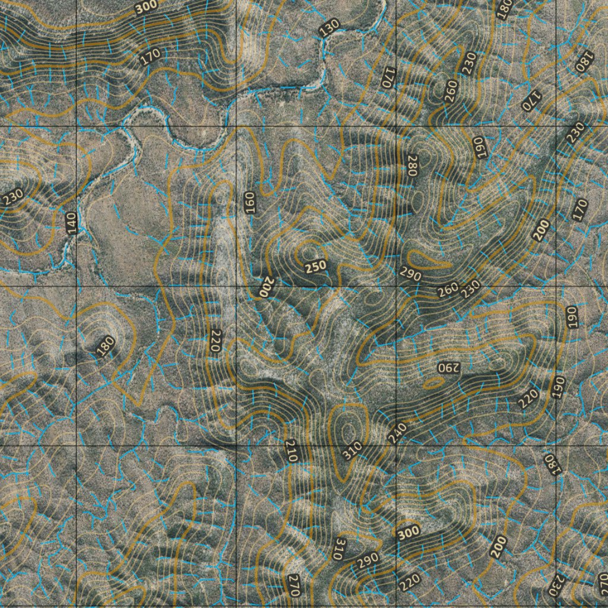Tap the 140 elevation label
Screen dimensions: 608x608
[72, 223]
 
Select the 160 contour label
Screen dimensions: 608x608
[249, 202]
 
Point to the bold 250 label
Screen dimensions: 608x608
[315, 267]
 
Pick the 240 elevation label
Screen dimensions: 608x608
[398, 432]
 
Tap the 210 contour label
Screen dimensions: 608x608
[291, 451]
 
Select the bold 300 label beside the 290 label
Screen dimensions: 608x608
[408, 533]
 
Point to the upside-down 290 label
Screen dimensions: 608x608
[448, 367]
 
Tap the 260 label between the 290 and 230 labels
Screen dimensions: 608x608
[448, 290]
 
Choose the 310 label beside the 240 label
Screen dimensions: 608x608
[352, 451]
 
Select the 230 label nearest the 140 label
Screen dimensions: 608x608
[13, 197]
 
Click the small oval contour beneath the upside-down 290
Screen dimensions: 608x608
[434, 384]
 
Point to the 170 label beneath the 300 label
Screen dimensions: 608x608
[151, 57]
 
